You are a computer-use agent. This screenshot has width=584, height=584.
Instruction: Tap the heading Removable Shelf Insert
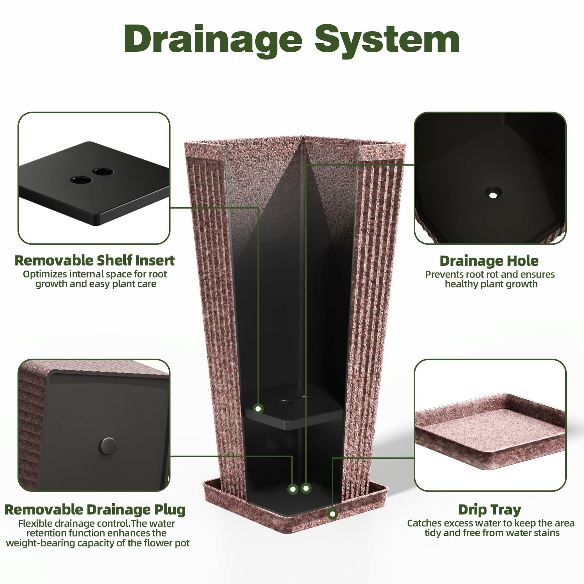pos(95,260)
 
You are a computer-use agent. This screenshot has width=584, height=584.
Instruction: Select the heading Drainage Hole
pos(489,261)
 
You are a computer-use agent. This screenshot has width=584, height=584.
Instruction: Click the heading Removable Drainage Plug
pos(95,510)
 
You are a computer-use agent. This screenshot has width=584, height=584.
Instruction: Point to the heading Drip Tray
pos(490,510)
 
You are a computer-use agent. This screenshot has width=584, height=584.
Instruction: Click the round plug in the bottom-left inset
pos(108,446)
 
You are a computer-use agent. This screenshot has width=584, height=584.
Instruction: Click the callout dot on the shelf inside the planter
pos(258,409)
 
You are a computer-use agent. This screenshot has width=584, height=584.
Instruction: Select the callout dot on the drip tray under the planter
pos(333,513)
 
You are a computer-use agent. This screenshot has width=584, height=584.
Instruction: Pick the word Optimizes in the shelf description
pos(45,275)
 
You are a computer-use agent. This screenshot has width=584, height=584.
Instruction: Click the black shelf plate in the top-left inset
pos(94,183)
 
